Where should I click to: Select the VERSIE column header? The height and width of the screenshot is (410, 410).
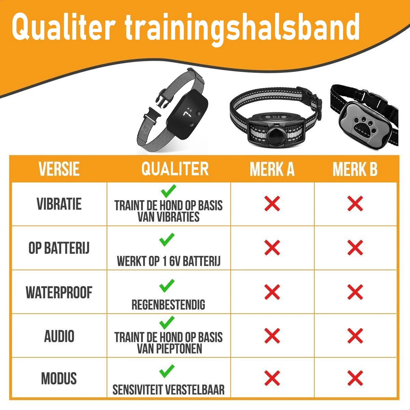59,169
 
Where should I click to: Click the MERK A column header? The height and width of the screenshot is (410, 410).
272,169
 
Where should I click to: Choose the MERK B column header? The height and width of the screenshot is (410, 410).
355,169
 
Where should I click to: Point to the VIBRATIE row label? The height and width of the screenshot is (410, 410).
59,204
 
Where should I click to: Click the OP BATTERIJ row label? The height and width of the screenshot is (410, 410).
59,248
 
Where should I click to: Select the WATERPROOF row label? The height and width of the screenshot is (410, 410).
59,293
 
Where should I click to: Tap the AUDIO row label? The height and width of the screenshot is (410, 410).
59,336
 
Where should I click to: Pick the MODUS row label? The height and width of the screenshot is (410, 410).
59,379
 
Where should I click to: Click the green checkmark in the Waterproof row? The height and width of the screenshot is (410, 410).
167,286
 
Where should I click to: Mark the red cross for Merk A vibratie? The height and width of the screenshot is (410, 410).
272,204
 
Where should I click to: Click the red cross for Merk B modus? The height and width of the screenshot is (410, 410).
355,378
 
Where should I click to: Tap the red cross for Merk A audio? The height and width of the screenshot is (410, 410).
272,336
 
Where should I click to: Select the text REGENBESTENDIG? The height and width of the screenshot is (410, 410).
168,305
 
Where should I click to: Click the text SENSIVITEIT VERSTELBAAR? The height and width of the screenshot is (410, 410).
168,390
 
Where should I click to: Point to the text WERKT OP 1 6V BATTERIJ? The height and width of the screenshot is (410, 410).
168,261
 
